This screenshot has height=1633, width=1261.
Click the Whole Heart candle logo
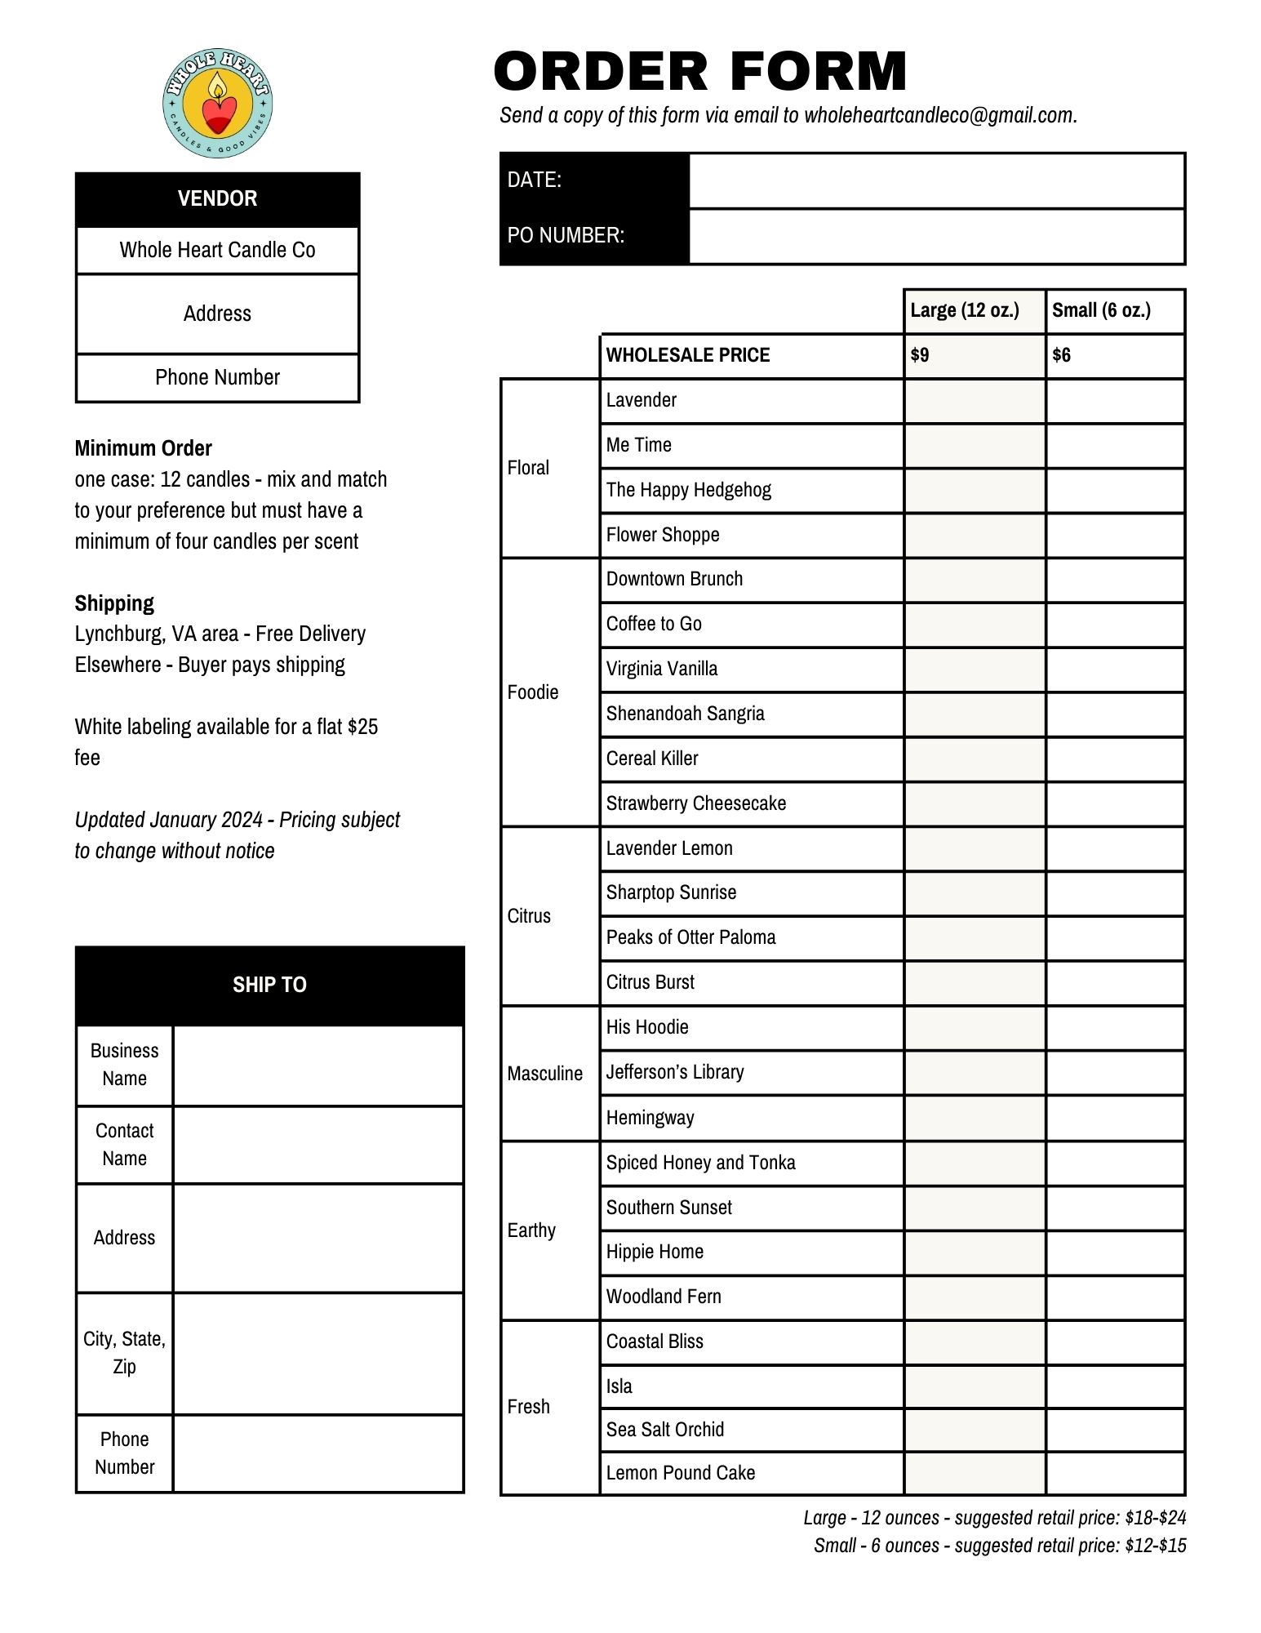point(217,103)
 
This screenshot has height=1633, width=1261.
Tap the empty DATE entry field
point(936,180)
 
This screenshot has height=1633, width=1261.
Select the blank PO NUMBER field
point(936,236)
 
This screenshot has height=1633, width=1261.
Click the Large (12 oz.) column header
point(965,310)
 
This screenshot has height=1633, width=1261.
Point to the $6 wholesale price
point(1061,355)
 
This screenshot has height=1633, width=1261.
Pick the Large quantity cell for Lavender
point(975,401)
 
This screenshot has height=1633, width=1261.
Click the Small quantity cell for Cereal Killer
point(1115,759)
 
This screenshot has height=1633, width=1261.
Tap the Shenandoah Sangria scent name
point(685,714)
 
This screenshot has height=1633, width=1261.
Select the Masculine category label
point(544,1073)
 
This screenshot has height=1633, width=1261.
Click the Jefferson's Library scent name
point(675,1072)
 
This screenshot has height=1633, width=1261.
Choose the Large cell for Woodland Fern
point(975,1297)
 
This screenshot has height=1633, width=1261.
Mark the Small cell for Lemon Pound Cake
point(1115,1473)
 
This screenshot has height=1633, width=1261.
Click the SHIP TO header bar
point(269,985)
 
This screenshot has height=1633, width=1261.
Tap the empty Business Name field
point(318,1066)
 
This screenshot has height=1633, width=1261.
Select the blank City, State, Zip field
point(318,1353)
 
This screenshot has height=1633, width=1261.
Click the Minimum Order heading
point(143,448)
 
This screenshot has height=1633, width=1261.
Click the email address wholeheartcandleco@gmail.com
point(939,115)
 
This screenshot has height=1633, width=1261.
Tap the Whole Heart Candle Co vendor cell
point(217,250)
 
